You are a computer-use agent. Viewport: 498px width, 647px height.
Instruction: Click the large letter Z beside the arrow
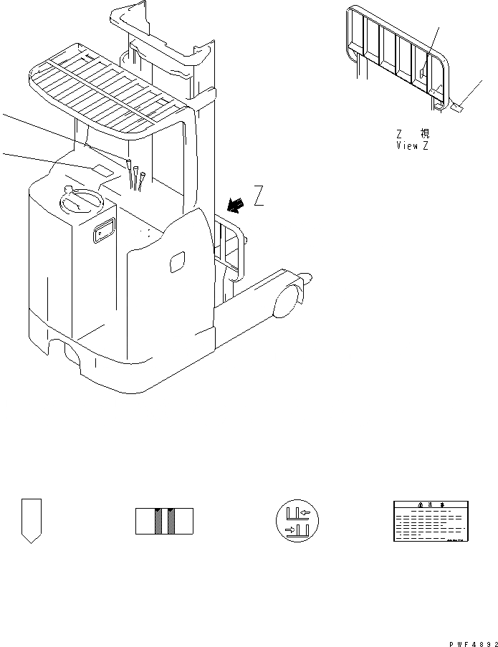tap(259, 195)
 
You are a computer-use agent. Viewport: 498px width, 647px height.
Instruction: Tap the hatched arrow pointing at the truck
tap(233, 205)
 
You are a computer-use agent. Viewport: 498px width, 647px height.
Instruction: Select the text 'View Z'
tap(413, 145)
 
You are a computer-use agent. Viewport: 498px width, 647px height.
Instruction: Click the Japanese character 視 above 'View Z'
tap(425, 134)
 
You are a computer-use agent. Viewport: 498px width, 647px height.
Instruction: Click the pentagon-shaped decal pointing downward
tap(32, 520)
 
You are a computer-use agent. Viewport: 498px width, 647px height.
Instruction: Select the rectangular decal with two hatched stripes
tap(164, 521)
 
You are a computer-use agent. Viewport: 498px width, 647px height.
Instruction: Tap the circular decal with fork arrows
tap(297, 521)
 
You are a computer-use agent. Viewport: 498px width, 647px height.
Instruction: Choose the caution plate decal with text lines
tap(429, 521)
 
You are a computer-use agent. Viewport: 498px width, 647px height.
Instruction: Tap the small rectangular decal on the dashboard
tap(101, 170)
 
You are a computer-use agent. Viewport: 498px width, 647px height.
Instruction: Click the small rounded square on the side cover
tap(177, 262)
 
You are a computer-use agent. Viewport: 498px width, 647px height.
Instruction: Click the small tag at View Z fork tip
tap(458, 108)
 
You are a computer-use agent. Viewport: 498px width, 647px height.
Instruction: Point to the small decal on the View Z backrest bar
tap(423, 71)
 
